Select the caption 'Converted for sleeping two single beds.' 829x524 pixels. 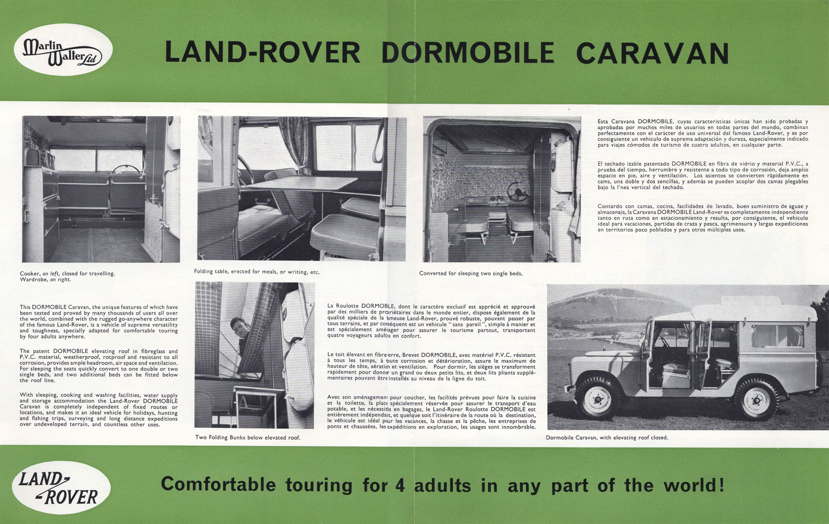point(471,273)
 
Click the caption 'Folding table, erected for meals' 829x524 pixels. point(257,272)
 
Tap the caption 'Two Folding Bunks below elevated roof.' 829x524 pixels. point(248,438)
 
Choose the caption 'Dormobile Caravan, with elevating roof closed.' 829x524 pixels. point(607,438)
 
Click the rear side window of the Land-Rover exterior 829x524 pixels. point(777,336)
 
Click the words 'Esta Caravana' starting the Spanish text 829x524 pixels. point(616,121)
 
